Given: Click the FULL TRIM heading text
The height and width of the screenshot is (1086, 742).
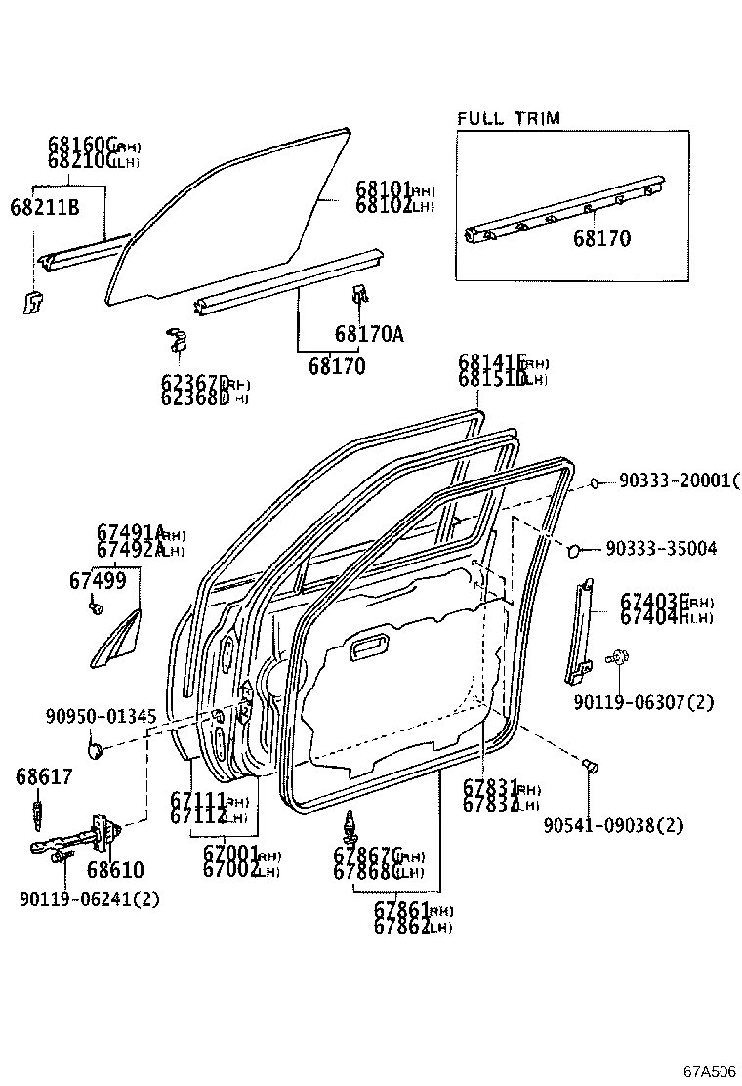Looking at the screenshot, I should click(x=509, y=119).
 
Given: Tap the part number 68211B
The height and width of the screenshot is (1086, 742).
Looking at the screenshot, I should click(x=44, y=207).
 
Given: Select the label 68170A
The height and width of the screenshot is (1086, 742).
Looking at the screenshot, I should click(x=368, y=335).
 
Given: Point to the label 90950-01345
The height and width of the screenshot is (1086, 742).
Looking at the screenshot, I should click(x=101, y=716).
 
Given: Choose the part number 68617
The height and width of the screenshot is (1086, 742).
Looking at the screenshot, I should click(x=43, y=776).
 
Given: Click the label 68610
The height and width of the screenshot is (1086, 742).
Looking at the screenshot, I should click(x=114, y=870).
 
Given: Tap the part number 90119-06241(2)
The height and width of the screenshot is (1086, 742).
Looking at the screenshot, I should click(x=89, y=898).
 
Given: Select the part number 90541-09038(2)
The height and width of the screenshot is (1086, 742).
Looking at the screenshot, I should click(x=613, y=826).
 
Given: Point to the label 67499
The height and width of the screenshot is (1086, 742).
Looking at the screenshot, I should click(x=97, y=581).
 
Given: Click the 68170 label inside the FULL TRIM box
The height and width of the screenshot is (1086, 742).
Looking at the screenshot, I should click(x=600, y=238).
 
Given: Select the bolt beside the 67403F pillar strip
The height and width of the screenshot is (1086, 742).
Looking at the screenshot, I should click(x=618, y=659).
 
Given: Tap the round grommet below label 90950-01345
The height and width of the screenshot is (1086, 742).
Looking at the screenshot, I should click(x=96, y=750).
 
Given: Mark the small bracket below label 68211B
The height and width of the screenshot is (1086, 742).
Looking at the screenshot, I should click(x=31, y=302).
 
